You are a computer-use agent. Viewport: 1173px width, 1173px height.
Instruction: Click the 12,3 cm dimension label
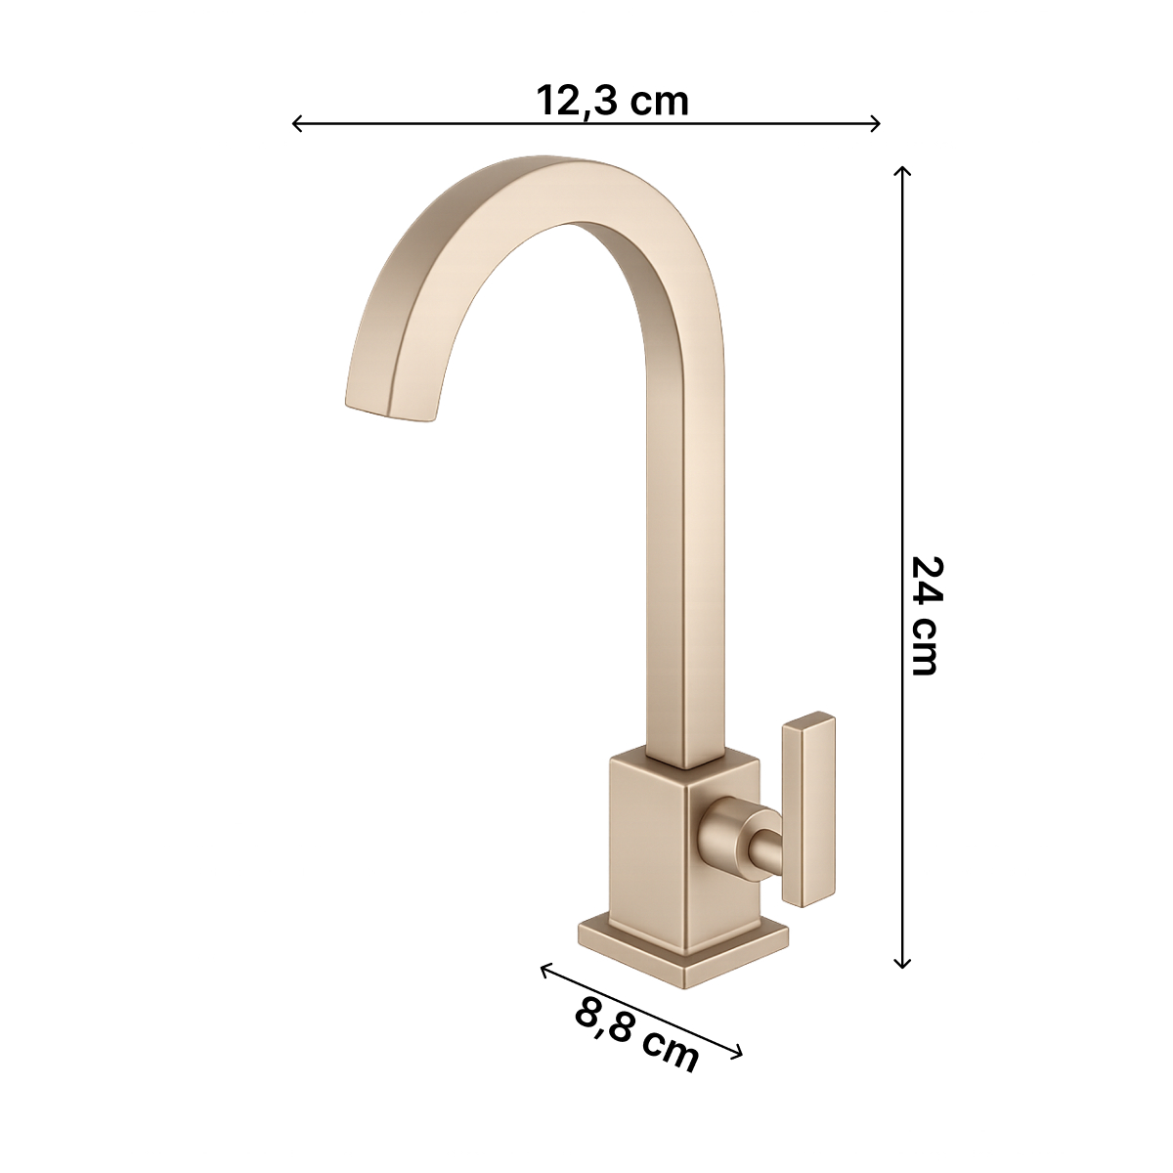point(612,101)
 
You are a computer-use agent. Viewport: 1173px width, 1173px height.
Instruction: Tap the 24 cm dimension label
point(927,616)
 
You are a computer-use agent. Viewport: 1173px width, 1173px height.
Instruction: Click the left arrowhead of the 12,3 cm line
point(297,123)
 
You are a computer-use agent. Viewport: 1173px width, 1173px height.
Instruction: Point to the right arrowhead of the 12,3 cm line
point(875,123)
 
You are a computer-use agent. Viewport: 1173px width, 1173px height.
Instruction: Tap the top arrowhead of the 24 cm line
point(901,170)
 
